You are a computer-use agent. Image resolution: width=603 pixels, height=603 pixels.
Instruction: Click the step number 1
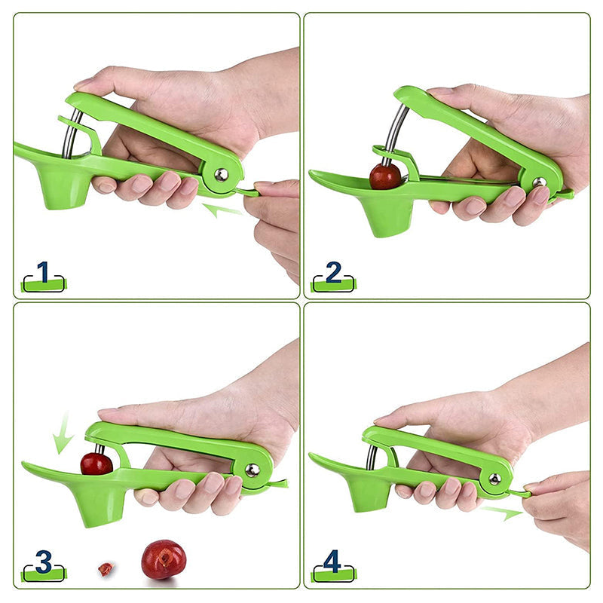pos(43,272)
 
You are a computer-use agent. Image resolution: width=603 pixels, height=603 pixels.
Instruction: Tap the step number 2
pos(333,272)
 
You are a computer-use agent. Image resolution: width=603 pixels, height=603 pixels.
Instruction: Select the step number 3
pos(44,562)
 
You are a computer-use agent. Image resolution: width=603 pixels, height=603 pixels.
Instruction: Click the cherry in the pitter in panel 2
pos(385,176)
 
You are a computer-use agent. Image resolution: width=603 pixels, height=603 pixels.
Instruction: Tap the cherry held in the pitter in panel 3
pos(96,464)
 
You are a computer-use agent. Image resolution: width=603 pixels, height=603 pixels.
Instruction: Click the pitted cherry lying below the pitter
pos(164,559)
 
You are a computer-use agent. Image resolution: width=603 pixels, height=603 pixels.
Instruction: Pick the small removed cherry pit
pos(106,569)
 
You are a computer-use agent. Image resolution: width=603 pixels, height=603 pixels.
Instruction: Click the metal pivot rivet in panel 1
pos(221,175)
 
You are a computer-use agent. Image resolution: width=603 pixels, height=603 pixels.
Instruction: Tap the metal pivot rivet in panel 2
pos(540,182)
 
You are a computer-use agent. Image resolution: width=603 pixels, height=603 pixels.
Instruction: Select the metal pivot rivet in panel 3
pos(253,470)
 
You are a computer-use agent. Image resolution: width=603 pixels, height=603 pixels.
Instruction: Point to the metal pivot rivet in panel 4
pos(494,479)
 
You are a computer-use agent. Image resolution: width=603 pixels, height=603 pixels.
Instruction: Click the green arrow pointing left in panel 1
pos(222,210)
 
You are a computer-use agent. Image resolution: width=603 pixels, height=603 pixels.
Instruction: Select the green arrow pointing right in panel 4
pos(502,513)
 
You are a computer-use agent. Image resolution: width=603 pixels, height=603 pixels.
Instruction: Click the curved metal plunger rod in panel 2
pos(394,133)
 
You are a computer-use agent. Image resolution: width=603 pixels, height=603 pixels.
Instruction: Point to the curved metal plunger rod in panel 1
pos(72,133)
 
